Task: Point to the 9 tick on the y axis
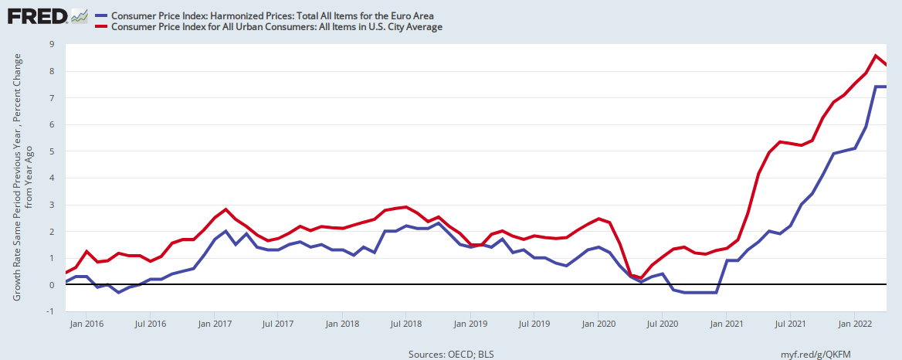click(51, 44)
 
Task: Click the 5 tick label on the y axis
click(51, 151)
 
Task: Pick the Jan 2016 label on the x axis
click(87, 324)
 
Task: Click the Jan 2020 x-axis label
click(597, 324)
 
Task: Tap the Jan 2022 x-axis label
click(852, 324)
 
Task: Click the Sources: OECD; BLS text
click(451, 353)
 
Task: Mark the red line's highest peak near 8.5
click(875, 56)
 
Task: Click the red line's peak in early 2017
click(225, 209)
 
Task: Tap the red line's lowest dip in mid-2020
click(640, 278)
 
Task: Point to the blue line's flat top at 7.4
click(880, 87)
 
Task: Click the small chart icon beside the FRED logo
click(79, 15)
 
